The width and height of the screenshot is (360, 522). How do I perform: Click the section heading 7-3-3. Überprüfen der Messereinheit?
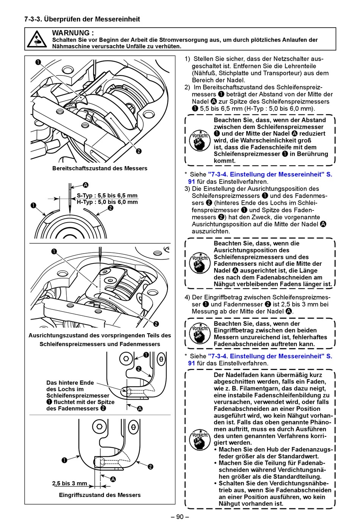click(x=82, y=19)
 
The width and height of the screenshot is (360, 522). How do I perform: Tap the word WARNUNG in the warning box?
click(x=73, y=33)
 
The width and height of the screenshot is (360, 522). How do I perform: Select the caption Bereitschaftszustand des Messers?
click(x=100, y=168)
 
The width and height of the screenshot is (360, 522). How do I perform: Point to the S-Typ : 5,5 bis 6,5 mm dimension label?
click(x=107, y=196)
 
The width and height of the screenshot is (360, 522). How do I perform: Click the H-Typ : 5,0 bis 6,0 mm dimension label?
click(x=107, y=202)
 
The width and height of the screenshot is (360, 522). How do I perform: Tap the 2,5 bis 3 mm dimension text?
click(x=70, y=483)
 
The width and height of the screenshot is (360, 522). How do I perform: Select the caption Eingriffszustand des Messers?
click(x=100, y=495)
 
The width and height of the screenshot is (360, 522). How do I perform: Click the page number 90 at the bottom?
click(x=180, y=517)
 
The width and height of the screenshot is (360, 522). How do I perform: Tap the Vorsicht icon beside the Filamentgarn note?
click(x=200, y=440)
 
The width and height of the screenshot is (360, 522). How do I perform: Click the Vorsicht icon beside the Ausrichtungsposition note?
click(x=200, y=263)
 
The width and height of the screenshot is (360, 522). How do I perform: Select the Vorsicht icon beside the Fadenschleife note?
click(x=200, y=140)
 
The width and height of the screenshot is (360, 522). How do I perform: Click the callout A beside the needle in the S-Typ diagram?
click(x=86, y=185)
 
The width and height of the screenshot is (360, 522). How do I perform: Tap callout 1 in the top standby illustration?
click(x=38, y=62)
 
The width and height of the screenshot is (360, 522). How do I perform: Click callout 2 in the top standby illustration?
click(x=139, y=151)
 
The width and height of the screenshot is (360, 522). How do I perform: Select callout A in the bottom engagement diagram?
click(x=113, y=479)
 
